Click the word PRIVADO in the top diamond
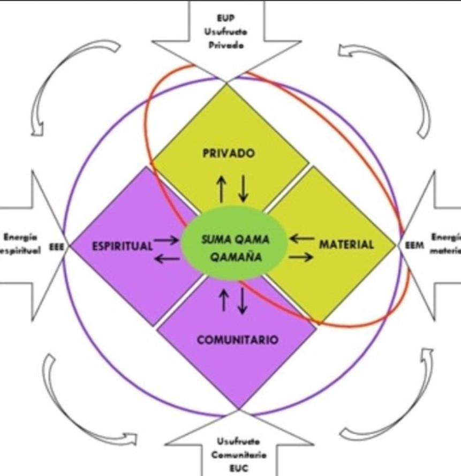click(229, 154)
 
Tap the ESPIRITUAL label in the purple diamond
click(122, 246)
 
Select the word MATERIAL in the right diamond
click(346, 245)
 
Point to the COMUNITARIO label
click(238, 339)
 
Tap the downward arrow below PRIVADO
click(244, 188)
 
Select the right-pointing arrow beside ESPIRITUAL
click(167, 240)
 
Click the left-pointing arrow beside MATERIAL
click(302, 238)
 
